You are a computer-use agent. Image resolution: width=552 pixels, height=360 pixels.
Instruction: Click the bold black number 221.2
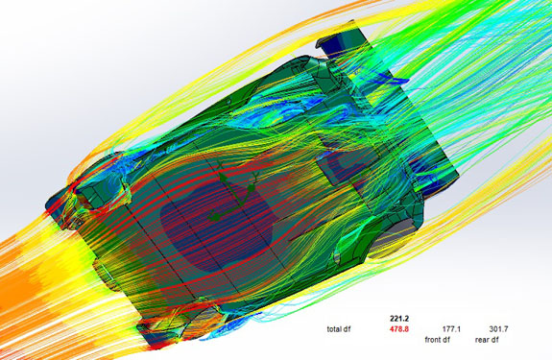click(399, 319)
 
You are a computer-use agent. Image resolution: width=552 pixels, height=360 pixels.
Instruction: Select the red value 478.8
click(399, 329)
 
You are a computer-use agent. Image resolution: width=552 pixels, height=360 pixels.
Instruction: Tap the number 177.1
click(451, 329)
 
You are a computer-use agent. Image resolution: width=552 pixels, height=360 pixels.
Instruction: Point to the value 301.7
click(498, 329)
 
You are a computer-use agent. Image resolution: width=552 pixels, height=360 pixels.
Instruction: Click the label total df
click(339, 329)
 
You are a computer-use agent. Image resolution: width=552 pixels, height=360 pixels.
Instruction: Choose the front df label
click(437, 340)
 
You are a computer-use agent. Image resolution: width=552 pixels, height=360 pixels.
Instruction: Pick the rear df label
click(487, 340)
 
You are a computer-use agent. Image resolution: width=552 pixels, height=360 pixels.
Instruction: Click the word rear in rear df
click(482, 340)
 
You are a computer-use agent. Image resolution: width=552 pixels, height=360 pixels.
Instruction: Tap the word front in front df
click(433, 340)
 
